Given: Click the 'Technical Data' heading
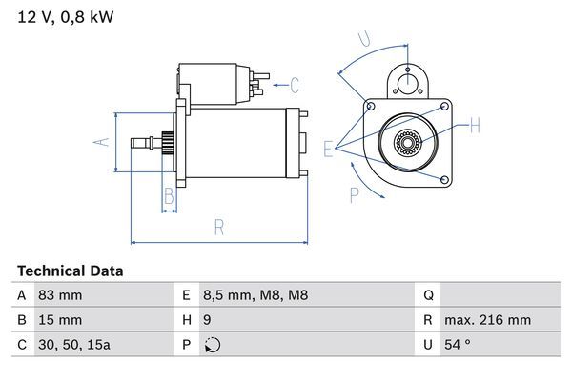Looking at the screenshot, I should click(70, 271).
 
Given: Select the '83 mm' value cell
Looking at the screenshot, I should click(59, 295).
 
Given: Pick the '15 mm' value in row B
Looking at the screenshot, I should click(59, 320).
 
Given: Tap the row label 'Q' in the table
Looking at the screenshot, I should click(427, 295).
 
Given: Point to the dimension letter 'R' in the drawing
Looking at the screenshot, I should click(218, 227).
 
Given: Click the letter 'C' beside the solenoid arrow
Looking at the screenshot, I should click(295, 85).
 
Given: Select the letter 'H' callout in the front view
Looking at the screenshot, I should click(475, 124).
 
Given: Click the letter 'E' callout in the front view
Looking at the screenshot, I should click(328, 148).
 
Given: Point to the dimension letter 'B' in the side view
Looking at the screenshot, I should click(168, 197).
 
